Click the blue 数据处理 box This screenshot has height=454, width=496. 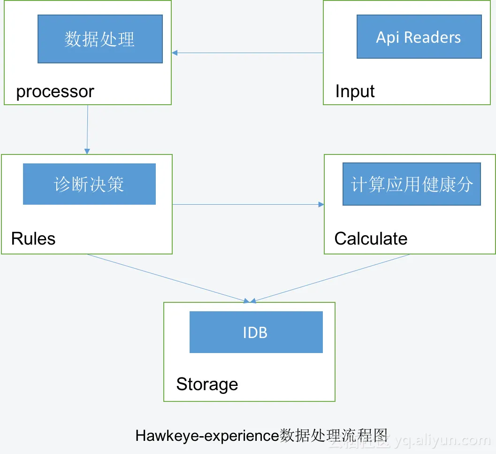click(100, 39)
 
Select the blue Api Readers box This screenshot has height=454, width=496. click(419, 37)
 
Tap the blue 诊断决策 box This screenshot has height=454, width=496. click(89, 184)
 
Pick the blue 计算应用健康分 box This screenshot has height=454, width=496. click(412, 184)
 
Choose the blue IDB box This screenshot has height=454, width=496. click(256, 332)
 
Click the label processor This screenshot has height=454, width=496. click(55, 91)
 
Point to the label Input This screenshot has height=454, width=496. click(355, 91)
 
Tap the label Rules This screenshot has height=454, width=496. click(33, 239)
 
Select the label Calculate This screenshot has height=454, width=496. click(371, 239)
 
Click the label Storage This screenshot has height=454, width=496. click(207, 384)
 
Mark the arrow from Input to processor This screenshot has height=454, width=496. click(247, 53)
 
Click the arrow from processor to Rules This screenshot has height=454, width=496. click(87, 129)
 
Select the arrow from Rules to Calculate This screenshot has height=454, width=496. click(248, 204)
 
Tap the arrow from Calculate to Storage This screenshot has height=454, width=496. click(331, 277)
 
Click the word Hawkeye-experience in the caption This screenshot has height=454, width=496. click(207, 436)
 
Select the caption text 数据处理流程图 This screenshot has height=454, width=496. click(334, 435)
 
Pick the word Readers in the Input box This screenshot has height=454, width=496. click(433, 37)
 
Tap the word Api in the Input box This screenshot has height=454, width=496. click(388, 37)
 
